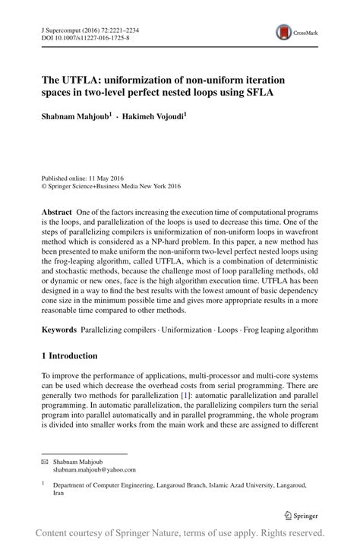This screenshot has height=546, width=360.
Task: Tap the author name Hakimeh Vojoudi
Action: pos(153,117)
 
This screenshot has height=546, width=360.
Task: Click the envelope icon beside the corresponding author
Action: pos(44,462)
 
